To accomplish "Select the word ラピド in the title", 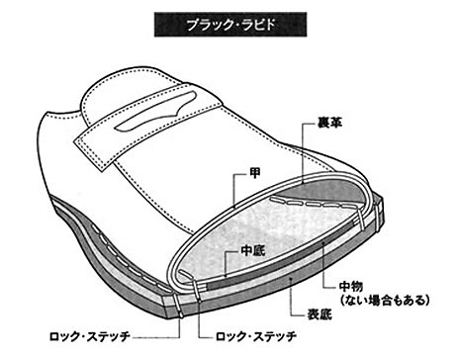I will (251, 23).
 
